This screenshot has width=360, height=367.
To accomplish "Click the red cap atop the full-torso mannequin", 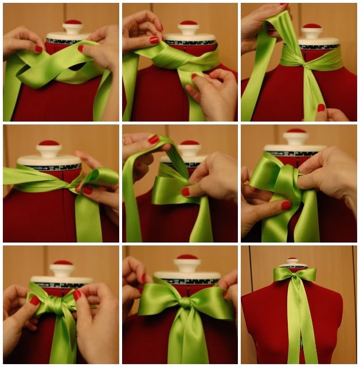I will click(294, 259).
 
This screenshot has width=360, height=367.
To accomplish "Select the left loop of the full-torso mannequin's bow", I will click(283, 274).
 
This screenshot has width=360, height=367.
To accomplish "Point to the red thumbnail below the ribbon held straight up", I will click(321, 107).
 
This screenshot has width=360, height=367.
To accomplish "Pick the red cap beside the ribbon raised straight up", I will click(311, 27).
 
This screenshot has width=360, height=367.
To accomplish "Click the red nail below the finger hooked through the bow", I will click(285, 205).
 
